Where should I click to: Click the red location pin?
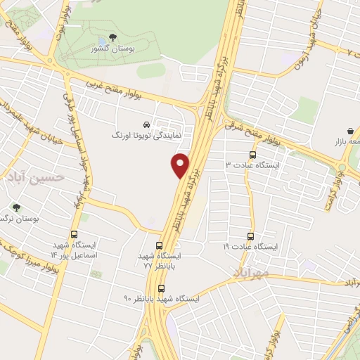point(181,165)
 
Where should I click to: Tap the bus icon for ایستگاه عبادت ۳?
point(252,155)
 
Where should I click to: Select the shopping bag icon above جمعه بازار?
point(350,131)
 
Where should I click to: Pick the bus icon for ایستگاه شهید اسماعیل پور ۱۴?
point(74,236)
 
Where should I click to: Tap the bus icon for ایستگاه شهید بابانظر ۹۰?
point(162,288)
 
